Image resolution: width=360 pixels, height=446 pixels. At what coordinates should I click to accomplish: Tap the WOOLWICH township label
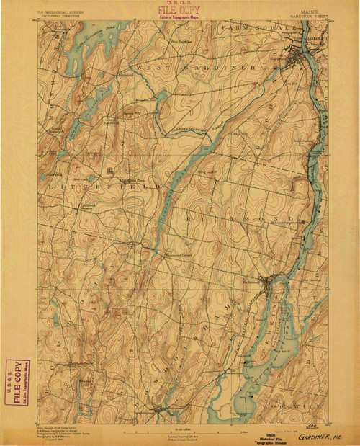[296, 404]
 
